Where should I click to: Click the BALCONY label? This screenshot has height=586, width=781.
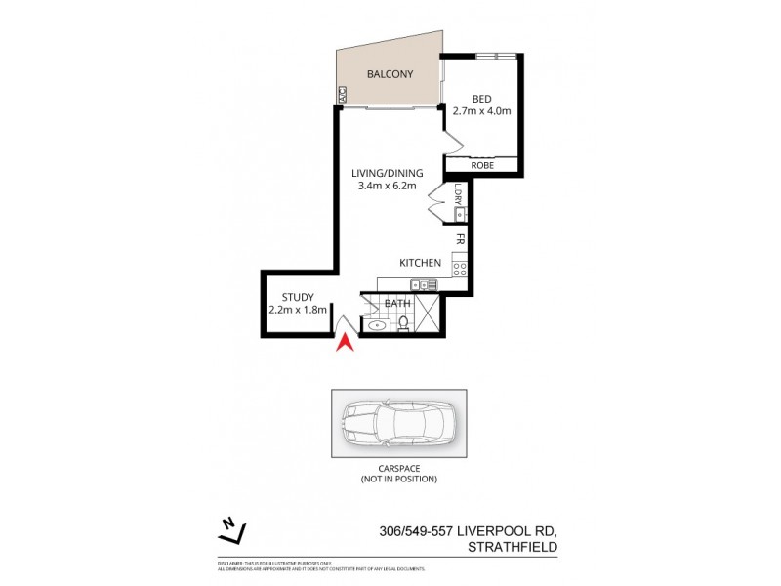[390, 74]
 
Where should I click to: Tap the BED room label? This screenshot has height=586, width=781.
[481, 99]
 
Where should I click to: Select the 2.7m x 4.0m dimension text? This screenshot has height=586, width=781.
[481, 111]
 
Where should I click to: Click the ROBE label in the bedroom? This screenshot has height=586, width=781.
[481, 166]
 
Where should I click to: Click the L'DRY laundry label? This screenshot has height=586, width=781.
[458, 193]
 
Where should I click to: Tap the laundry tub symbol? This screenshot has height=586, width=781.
[460, 212]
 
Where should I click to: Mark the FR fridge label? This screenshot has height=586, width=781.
[458, 238]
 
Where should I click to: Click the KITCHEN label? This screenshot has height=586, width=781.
[421, 263]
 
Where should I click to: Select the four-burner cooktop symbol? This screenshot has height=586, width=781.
[459, 266]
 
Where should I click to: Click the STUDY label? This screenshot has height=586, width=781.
[298, 298]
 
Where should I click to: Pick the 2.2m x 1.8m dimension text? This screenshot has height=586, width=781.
[297, 311]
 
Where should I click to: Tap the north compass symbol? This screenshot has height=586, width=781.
[231, 531]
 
